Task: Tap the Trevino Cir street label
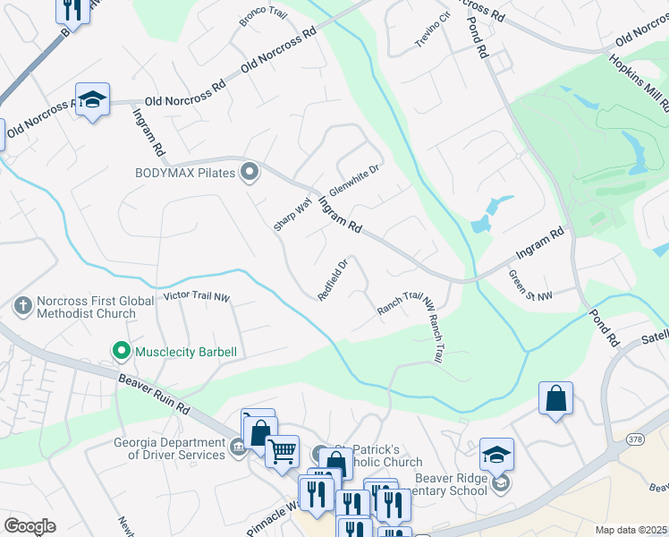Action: (x=433, y=31)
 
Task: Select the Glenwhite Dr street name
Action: (x=354, y=180)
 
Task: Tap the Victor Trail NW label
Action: (x=197, y=295)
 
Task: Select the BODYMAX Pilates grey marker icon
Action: (x=250, y=172)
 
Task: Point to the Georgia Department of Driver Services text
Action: (x=169, y=448)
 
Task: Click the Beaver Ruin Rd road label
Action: (x=155, y=395)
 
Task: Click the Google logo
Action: (x=30, y=525)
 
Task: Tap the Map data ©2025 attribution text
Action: (x=631, y=530)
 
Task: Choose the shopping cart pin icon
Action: (x=282, y=449)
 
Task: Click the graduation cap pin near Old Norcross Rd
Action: (x=92, y=100)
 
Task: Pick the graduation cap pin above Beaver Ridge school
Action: (x=496, y=454)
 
